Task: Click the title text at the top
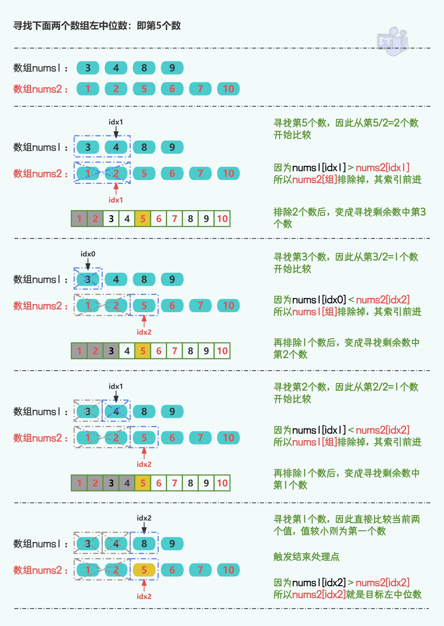click(97, 26)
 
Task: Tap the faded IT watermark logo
click(392, 41)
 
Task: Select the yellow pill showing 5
click(144, 570)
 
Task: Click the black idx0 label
click(88, 254)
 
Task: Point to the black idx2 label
click(144, 518)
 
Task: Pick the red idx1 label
click(116, 200)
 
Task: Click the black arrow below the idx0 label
click(88, 264)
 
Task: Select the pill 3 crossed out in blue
click(88, 279)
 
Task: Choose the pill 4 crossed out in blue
click(116, 411)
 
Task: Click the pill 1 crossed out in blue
click(88, 173)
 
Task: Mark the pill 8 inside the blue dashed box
click(144, 544)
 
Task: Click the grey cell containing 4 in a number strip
click(127, 483)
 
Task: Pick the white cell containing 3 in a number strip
click(111, 219)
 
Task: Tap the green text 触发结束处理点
click(306, 557)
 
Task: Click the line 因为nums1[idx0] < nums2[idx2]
click(342, 300)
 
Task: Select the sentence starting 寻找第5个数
click(346, 129)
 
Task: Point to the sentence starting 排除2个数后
click(349, 218)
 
